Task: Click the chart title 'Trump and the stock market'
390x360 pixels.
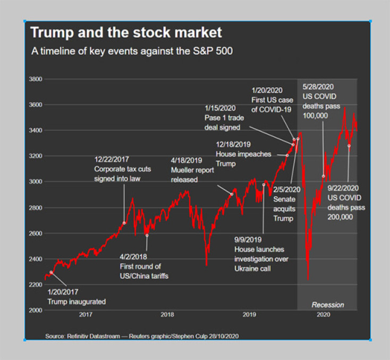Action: click(x=126, y=32)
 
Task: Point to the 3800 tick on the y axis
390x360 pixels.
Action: click(x=36, y=79)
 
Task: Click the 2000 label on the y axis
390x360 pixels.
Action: click(x=36, y=311)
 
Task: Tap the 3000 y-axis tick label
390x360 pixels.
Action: click(x=36, y=182)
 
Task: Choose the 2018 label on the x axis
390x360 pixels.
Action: click(x=167, y=315)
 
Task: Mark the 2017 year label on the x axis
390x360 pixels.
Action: click(x=86, y=315)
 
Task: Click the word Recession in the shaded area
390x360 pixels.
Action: click(x=327, y=305)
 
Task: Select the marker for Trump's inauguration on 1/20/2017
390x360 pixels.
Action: click(x=52, y=272)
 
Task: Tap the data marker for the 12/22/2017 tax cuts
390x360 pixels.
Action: click(x=124, y=223)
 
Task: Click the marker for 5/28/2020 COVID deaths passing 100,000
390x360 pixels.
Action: click(x=324, y=176)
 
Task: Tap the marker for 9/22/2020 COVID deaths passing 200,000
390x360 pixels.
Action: click(x=349, y=146)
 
